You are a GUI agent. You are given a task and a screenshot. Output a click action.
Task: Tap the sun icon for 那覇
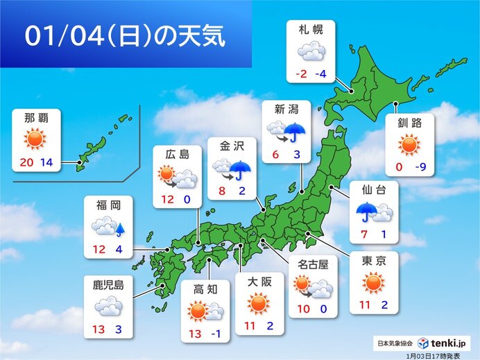coord(34,139)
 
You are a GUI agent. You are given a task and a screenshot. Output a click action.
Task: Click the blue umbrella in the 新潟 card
coord(296,131)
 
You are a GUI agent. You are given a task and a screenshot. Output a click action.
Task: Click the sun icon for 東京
coord(373,282)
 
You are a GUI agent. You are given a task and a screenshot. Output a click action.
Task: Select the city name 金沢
coord(232,147)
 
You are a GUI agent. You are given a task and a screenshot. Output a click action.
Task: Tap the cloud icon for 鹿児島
coord(109,305)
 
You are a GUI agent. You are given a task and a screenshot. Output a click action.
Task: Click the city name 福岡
coord(109,206)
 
